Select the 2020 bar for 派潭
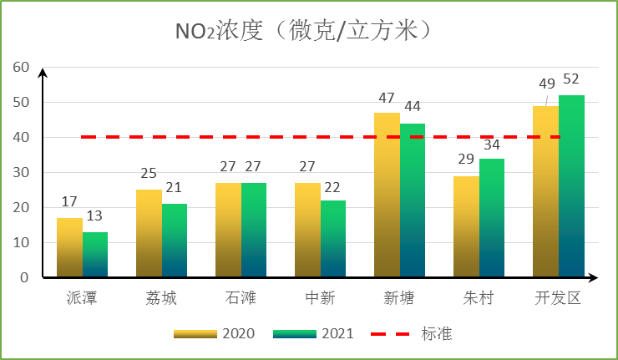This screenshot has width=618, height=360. click(69, 247)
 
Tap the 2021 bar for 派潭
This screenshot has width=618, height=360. click(95, 254)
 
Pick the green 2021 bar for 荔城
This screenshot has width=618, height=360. click(175, 241)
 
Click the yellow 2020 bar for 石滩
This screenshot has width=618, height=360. click(228, 230)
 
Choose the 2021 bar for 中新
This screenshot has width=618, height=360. click(333, 239)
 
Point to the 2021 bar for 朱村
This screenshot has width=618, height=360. click(492, 218)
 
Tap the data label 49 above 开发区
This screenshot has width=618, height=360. click(547, 84)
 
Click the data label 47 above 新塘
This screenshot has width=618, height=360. click(388, 97)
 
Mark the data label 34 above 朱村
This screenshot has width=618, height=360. click(493, 143)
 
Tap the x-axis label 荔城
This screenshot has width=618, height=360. click(162, 298)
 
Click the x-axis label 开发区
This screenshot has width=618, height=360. click(558, 298)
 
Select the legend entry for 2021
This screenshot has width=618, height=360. click(313, 334)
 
